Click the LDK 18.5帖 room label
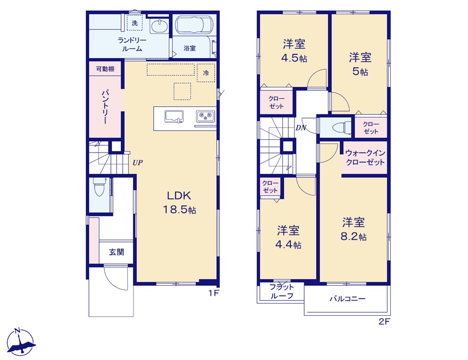(180, 202)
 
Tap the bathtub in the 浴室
(194, 25)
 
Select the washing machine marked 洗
(135, 23)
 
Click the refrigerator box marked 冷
(206, 73)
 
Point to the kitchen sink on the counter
(174, 116)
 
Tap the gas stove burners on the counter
(206, 116)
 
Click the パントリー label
(106, 107)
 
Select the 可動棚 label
(105, 69)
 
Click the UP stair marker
(137, 163)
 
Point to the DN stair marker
(301, 128)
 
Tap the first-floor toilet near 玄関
(99, 187)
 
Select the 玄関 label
(116, 252)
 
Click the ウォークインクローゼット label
(365, 158)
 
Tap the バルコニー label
(347, 298)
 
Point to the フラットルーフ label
(282, 291)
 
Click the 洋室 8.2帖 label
(354, 229)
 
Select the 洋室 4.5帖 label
(295, 51)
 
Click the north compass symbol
(20, 342)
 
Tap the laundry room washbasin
(159, 26)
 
